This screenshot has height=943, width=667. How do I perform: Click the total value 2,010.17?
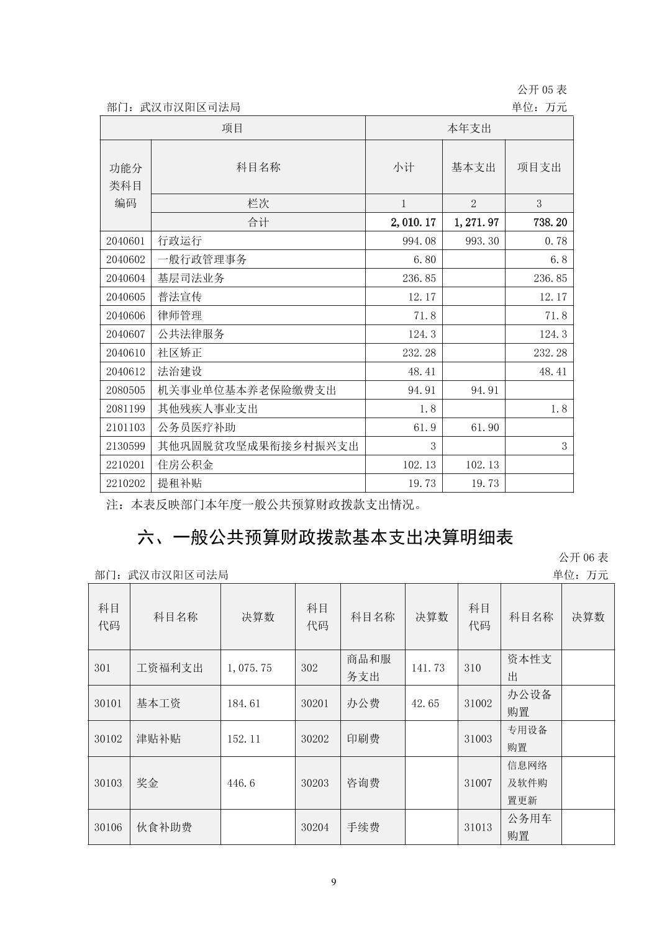[x=411, y=222]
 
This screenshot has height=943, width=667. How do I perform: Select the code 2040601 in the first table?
[x=125, y=241]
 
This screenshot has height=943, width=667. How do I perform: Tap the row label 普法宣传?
[x=179, y=297]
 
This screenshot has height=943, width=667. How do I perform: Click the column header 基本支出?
[x=473, y=167]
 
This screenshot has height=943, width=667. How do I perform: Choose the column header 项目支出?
[x=539, y=167]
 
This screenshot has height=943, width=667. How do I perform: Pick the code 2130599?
[x=125, y=445]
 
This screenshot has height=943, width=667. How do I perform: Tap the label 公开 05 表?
[x=542, y=90]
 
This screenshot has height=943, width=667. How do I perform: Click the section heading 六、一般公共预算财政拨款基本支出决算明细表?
[x=325, y=537]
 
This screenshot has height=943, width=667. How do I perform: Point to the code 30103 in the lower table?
[x=108, y=783]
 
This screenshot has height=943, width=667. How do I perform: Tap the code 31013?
[x=478, y=827]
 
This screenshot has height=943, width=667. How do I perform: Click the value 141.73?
[x=428, y=668]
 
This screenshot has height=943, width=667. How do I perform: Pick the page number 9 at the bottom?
[x=334, y=882]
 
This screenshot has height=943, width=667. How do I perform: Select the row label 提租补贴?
[x=179, y=483]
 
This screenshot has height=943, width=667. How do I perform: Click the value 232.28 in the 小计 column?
[x=419, y=352]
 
